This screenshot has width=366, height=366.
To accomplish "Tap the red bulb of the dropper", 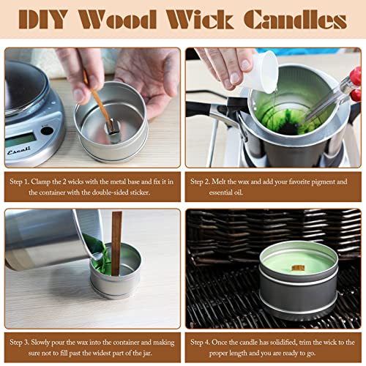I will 356,75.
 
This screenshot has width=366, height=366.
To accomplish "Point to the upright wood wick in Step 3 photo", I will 116,242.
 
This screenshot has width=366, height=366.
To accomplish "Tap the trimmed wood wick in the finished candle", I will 299,269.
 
